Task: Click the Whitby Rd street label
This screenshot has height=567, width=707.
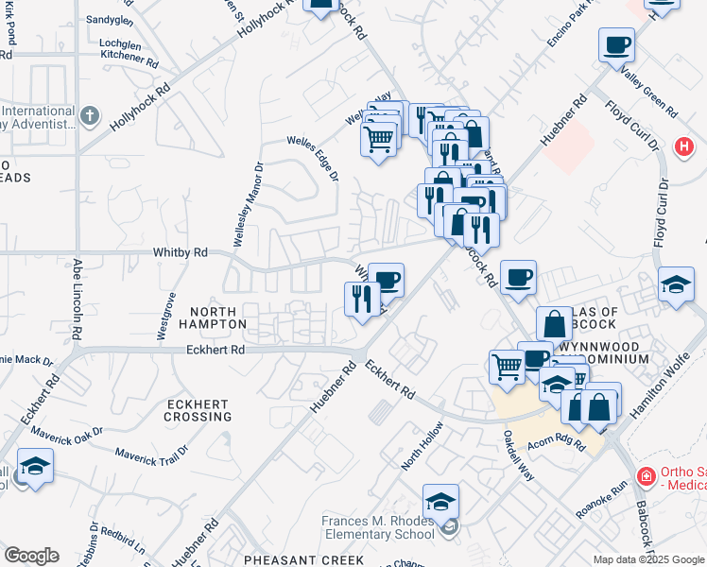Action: click(181, 253)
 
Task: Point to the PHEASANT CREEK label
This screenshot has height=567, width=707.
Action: click(303, 559)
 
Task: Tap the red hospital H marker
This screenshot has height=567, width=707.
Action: click(683, 147)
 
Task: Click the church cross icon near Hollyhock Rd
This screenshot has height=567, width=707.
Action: click(90, 116)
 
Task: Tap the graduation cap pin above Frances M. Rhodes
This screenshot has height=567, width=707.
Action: click(440, 501)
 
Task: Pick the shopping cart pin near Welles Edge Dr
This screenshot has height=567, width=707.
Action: click(379, 141)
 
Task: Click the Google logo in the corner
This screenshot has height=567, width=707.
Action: click(30, 556)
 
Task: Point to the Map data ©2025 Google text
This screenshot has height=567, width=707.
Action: click(647, 559)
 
